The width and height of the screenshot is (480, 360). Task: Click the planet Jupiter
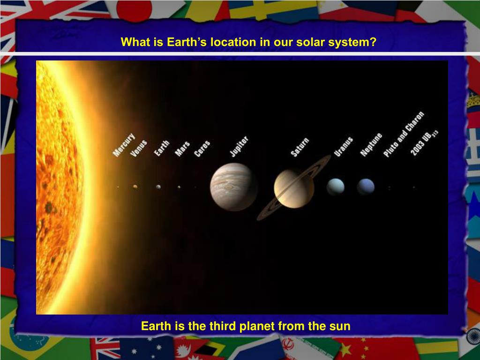pos(233,187)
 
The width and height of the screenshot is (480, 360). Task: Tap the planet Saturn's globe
pos(294,189)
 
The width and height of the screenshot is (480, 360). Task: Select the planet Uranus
pos(336,187)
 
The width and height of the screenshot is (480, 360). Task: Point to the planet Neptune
pos(366,187)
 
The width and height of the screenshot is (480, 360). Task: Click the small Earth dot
pos(158,187)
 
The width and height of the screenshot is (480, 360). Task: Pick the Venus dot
pos(135,187)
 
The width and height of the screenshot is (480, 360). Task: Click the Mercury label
pos(124,145)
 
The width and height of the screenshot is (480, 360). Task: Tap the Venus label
pos(139,149)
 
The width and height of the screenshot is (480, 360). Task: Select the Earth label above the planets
pos(162,148)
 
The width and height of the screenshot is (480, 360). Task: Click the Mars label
pos(182,149)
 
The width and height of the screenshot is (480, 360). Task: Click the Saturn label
pos(300,148)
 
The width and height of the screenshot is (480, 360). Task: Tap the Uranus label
pos(344,147)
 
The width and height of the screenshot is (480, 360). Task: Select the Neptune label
pos(371,145)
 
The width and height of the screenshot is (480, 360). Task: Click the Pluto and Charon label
pos(404,135)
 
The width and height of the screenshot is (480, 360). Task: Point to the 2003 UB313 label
pos(424,143)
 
